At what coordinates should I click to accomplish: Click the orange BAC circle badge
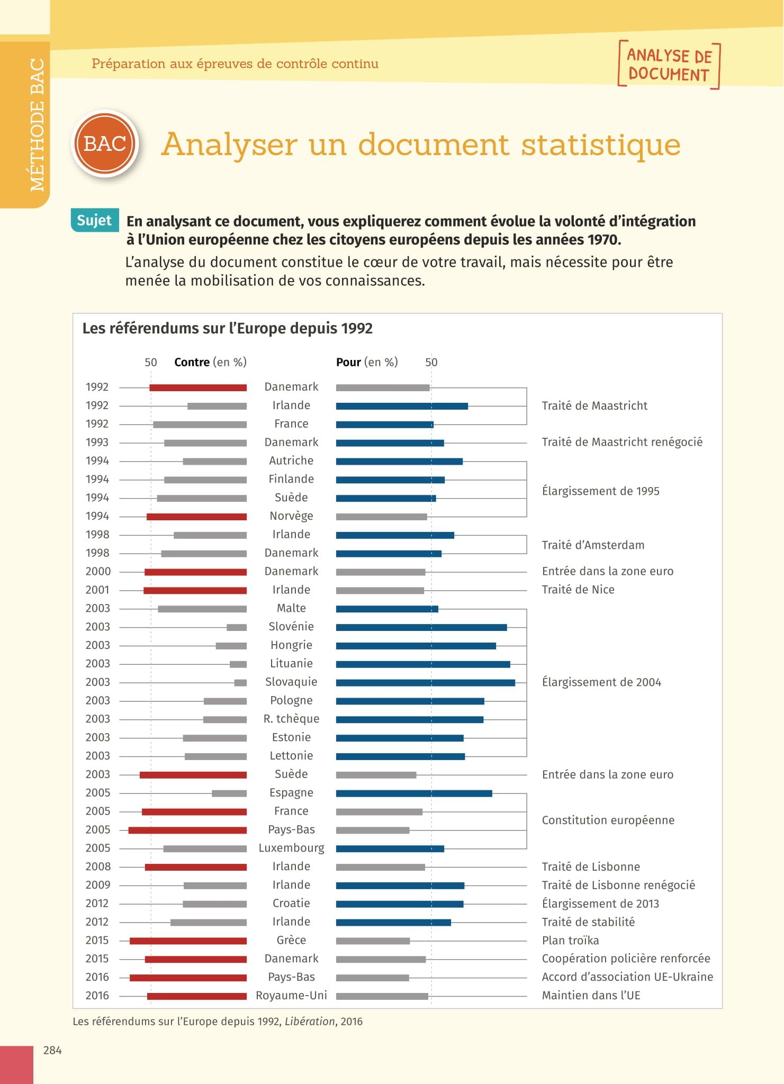tap(105, 143)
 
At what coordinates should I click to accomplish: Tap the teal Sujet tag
tap(94, 220)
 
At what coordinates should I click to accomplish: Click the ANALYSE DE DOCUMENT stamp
tap(669, 65)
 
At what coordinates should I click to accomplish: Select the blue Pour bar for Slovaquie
tap(426, 682)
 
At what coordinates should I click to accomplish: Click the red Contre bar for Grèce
tap(188, 941)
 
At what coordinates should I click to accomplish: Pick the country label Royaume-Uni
tap(291, 995)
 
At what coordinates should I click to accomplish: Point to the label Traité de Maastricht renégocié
tap(622, 442)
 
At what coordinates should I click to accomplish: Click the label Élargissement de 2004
tap(601, 682)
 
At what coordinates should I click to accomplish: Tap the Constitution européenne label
tap(608, 820)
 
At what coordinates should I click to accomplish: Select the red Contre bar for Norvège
tap(196, 517)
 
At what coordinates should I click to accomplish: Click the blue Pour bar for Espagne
tap(414, 793)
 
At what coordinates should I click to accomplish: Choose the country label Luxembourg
tap(291, 848)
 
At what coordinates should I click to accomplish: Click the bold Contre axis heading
tap(192, 362)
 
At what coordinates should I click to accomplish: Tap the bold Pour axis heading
tap(348, 362)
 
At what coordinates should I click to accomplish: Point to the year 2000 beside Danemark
tap(98, 571)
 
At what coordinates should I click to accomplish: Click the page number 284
tap(52, 1050)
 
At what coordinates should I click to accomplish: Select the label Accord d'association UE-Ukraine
tap(627, 977)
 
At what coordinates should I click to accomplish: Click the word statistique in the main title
tap(601, 144)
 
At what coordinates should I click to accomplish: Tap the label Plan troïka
tap(570, 940)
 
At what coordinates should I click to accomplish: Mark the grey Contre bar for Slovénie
tap(237, 627)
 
